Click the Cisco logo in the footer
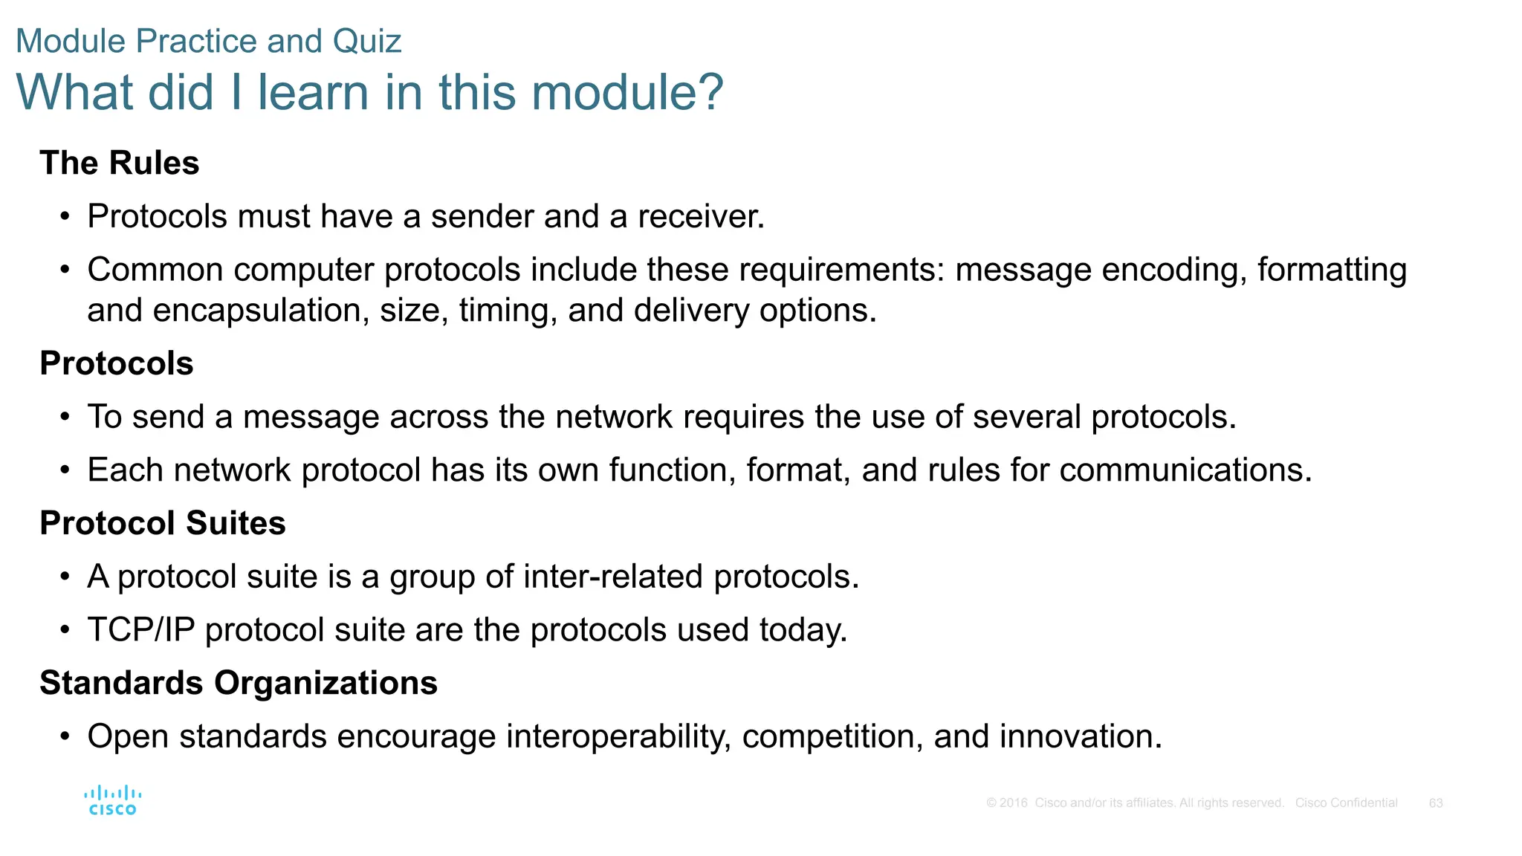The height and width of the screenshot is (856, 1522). point(113,801)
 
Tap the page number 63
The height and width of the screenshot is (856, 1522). point(1436,803)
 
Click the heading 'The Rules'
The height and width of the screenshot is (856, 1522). point(120,163)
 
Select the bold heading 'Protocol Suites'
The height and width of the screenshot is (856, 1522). point(163,523)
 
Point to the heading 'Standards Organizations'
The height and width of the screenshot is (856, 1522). point(239,683)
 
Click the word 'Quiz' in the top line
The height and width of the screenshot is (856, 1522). point(367,42)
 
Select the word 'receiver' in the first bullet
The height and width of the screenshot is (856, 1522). point(699,217)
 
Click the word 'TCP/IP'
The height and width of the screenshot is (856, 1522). point(141,630)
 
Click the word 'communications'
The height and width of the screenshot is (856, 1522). point(1185,470)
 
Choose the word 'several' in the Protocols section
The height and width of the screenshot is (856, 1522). point(1026,418)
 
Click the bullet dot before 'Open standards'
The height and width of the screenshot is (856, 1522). point(65,737)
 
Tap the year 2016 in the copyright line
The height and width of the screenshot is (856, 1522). point(1014,803)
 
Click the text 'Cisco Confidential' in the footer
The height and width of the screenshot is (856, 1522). point(1346,803)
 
